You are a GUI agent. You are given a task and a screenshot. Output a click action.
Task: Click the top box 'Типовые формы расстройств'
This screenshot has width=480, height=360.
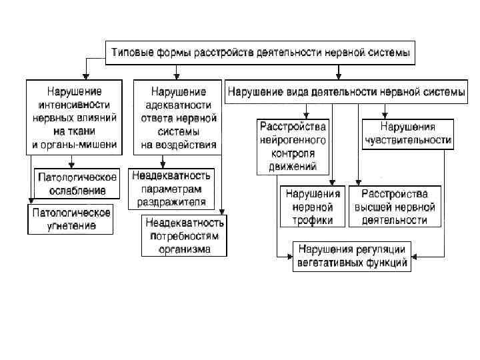[x=261, y=51]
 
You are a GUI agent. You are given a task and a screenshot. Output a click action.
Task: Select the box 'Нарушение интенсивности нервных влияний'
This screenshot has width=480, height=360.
[x=74, y=117]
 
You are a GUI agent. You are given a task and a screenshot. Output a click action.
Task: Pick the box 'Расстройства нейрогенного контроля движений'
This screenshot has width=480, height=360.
[x=293, y=147]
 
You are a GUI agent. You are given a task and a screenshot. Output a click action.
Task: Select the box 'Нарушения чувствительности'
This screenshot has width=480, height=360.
[x=407, y=133]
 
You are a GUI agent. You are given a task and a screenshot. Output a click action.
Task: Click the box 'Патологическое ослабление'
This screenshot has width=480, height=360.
[x=77, y=184]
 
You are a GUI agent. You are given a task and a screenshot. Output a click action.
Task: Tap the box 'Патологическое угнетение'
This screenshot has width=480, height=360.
[x=69, y=219]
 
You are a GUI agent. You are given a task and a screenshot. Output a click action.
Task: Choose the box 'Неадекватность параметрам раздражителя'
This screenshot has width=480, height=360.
[x=171, y=188]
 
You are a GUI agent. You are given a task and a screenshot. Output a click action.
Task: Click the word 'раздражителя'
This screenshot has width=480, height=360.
[x=172, y=200]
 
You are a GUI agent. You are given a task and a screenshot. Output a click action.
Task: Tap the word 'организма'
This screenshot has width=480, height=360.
[x=185, y=249]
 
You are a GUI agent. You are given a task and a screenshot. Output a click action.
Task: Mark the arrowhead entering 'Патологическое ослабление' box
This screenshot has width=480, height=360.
[x=71, y=165]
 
